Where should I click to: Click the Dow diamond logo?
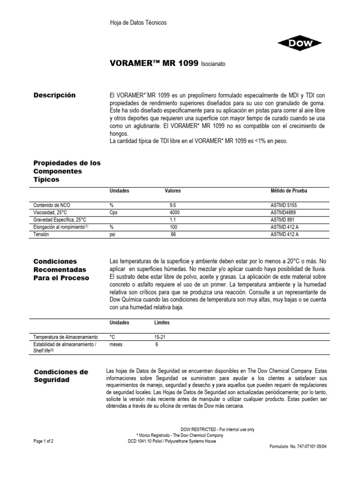300,44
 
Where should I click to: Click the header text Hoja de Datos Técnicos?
138,22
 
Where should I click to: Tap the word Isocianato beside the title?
216,64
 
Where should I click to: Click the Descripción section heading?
54,95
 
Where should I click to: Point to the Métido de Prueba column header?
289,191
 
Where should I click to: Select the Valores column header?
172,191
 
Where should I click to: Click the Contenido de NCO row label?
52,205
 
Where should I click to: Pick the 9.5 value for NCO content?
173,205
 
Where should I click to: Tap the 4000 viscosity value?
173,212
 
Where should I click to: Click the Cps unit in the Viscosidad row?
114,212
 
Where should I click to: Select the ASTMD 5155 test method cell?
284,205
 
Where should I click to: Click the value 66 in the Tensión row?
173,234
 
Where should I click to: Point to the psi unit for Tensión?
112,234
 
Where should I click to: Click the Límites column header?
162,323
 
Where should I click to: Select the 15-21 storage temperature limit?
160,337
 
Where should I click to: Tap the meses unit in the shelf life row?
116,344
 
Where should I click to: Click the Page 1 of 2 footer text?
44,441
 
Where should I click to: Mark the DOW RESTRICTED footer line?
217,430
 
